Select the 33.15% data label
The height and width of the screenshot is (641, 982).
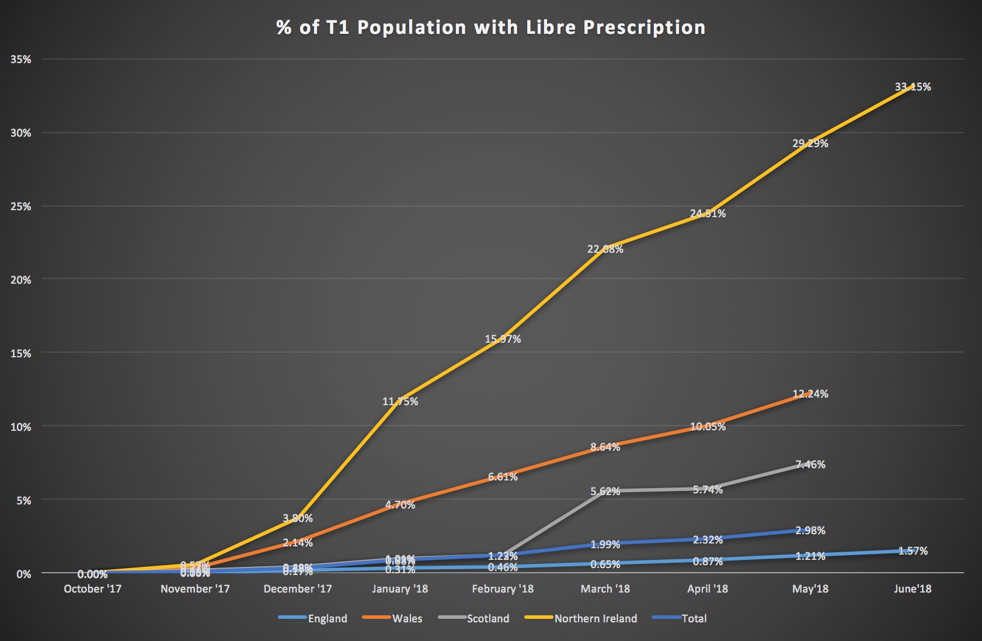click(913, 87)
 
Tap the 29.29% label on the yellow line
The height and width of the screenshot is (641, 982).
click(810, 143)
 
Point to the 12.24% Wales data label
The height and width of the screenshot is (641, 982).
click(810, 394)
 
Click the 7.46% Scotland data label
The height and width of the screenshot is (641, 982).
click(810, 465)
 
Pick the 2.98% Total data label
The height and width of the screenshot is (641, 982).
click(810, 531)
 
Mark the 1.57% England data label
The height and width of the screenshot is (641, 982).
click(913, 551)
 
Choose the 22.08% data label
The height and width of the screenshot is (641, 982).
click(605, 249)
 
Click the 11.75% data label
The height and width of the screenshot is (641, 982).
click(400, 402)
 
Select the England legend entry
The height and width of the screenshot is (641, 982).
click(327, 619)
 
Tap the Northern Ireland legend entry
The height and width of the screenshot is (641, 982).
click(595, 619)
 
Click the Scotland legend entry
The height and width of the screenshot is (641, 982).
click(487, 619)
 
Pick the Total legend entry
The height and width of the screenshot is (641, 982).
click(694, 619)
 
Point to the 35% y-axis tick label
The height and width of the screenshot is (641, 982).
click(20, 60)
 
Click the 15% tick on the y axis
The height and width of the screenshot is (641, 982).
click(20, 353)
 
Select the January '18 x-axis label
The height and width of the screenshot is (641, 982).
click(400, 589)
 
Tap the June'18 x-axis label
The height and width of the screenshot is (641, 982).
click(913, 589)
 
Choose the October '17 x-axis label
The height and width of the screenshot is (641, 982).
click(92, 589)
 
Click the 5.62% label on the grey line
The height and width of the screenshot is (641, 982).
click(605, 492)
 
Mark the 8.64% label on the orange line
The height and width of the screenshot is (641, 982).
click(605, 447)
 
